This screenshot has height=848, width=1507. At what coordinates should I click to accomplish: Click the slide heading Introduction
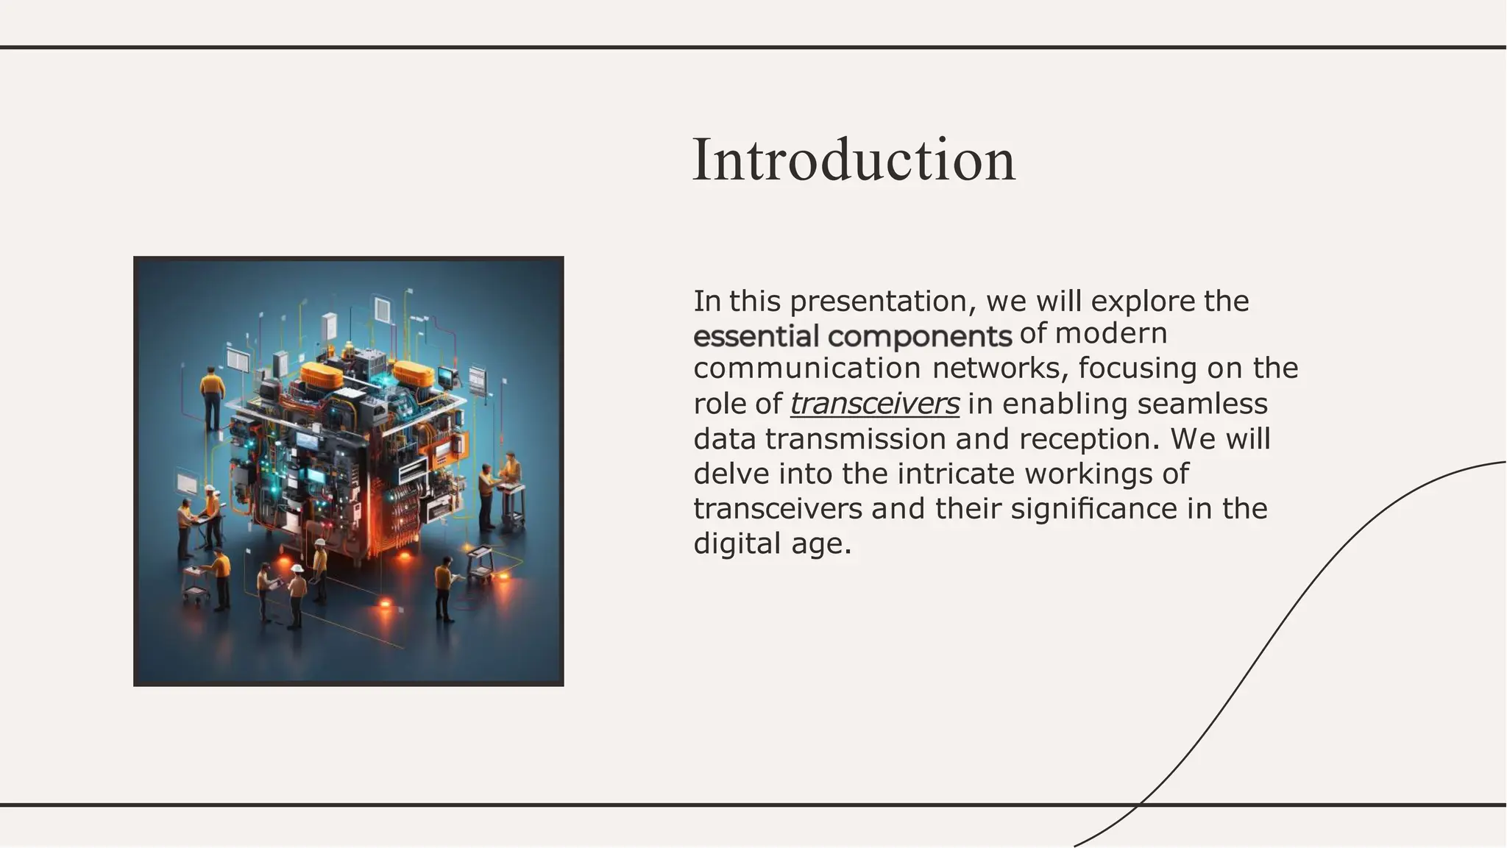pyautogui.click(x=854, y=160)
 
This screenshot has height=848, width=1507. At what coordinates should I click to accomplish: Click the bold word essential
pyautogui.click(x=756, y=337)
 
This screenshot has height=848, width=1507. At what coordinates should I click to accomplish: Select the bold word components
pyautogui.click(x=920, y=337)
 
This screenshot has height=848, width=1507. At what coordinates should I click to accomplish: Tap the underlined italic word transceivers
pyautogui.click(x=874, y=404)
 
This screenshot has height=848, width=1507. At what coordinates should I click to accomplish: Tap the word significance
pyautogui.click(x=1093, y=509)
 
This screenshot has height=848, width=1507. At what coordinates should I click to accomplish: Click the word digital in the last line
pyautogui.click(x=737, y=544)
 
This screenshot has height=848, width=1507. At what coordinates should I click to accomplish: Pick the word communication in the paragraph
pyautogui.click(x=806, y=368)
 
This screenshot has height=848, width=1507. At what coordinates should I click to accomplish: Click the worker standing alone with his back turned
pyautogui.click(x=212, y=397)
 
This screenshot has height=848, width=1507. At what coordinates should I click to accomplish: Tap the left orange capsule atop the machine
pyautogui.click(x=322, y=376)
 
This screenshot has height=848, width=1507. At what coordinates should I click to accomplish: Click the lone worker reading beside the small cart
pyautogui.click(x=444, y=588)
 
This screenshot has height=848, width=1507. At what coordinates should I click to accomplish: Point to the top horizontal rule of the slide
pyautogui.click(x=753, y=48)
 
